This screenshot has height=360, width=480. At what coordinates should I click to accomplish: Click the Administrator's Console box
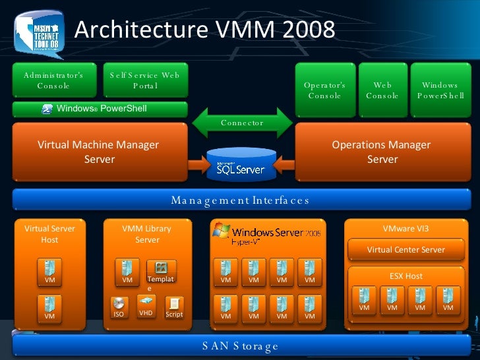[x=53, y=80]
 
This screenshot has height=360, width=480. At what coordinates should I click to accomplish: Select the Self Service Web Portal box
[x=145, y=80]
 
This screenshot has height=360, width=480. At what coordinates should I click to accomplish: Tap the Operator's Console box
[x=324, y=90]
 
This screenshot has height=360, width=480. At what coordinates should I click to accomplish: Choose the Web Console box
[x=382, y=90]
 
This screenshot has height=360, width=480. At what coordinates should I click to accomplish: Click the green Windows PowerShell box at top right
[x=440, y=90]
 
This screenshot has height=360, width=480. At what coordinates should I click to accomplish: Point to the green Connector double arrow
[x=242, y=122]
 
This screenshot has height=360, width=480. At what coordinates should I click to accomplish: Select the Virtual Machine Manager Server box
[x=99, y=152]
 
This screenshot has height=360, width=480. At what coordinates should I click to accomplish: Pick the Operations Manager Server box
[x=382, y=152]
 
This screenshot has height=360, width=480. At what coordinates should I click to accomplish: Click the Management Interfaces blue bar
[x=240, y=200]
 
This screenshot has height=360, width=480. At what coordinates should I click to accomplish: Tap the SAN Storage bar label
[x=240, y=345]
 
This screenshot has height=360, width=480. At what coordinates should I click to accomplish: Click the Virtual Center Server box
[x=405, y=250]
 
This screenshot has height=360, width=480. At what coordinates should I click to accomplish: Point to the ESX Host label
[x=405, y=276]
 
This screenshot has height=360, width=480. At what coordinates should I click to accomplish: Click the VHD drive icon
[x=146, y=301]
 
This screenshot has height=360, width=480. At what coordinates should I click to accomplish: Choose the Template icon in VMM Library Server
[x=161, y=268]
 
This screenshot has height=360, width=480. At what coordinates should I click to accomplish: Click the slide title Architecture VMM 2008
[x=204, y=30]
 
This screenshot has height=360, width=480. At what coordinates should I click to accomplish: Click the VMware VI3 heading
[x=405, y=229]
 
